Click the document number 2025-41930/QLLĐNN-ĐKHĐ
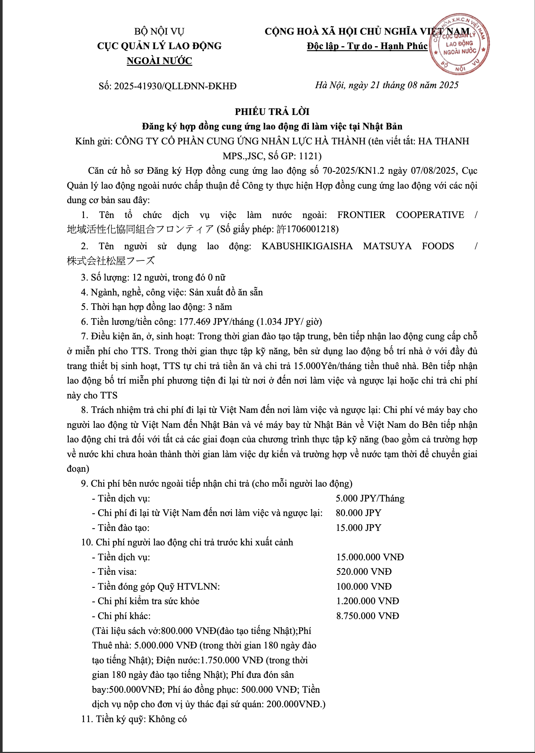pos(175,86)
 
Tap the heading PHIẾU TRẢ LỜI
pos(272,112)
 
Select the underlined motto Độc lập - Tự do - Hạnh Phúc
pos(367,46)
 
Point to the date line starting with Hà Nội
pos(387,85)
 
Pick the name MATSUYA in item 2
pos(387,246)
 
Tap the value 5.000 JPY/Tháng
pos(370,499)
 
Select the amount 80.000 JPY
pos(359,513)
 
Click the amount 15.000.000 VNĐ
pos(370,557)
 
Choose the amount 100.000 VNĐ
pos(364,587)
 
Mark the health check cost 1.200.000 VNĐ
pos(367,601)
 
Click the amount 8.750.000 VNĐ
pos(367,616)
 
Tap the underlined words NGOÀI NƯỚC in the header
pos(159,61)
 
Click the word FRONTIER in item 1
pos(361,215)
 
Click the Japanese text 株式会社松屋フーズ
pos(111,261)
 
